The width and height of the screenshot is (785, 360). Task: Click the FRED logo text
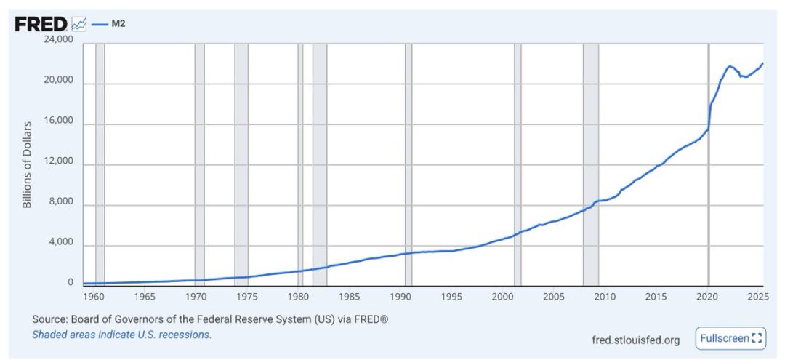coord(41,25)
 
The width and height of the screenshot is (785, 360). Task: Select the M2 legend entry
coord(116,25)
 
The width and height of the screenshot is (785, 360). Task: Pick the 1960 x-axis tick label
coord(94,297)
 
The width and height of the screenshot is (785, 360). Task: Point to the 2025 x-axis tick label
coord(757,297)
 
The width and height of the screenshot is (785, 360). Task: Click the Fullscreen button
coord(730,338)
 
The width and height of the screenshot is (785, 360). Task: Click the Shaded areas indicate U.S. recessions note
coord(121,335)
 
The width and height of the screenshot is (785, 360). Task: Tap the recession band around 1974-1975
coord(241,160)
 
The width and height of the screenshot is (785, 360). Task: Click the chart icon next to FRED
coord(79,25)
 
